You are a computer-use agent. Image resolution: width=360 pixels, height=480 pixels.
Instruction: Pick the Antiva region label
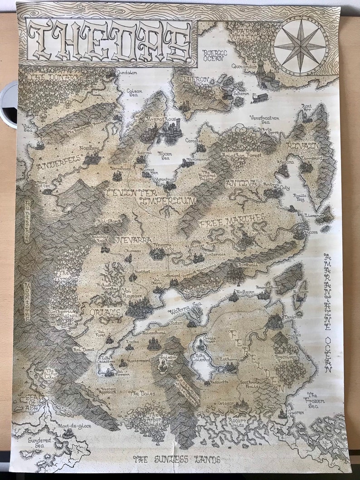240,183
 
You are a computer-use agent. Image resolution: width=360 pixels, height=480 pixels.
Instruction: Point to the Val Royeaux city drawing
139,307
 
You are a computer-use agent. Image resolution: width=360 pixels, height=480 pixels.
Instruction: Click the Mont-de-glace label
74,426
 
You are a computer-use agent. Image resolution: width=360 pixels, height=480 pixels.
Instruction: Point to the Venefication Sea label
264,121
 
